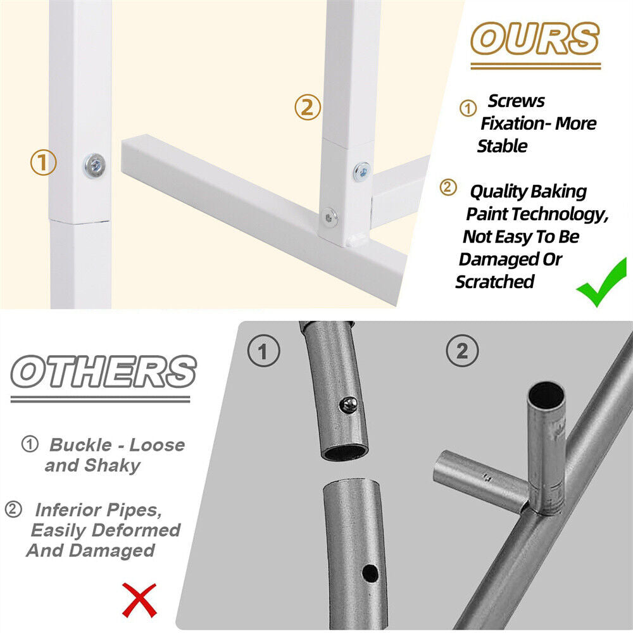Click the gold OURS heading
tap(535, 39)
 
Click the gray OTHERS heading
tap(103, 372)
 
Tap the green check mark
tap(602, 282)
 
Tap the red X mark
tap(139, 600)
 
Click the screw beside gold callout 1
tap(95, 165)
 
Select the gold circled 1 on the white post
tap(44, 162)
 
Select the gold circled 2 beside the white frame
tap(308, 108)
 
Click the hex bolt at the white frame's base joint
tap(330, 218)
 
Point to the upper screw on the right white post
tap(361, 172)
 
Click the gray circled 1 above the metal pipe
tap(263, 351)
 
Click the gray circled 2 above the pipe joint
tap(462, 351)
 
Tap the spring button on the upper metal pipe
tap(348, 405)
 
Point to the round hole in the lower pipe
tap(370, 573)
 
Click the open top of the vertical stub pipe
tap(547, 395)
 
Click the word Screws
tap(517, 101)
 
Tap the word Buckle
tap(80, 445)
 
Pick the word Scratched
tap(495, 282)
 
